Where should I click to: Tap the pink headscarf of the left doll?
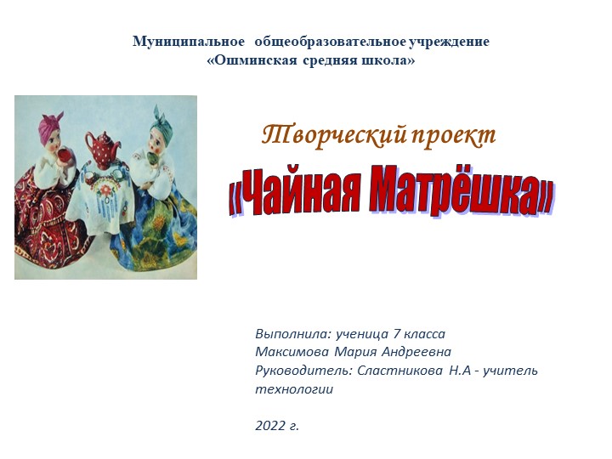tap(49, 126)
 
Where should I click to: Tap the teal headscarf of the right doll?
tap(162, 123)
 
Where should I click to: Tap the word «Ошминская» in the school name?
tap(252, 61)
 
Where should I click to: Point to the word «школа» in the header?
tap(388, 61)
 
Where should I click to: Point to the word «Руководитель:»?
tap(300, 371)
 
